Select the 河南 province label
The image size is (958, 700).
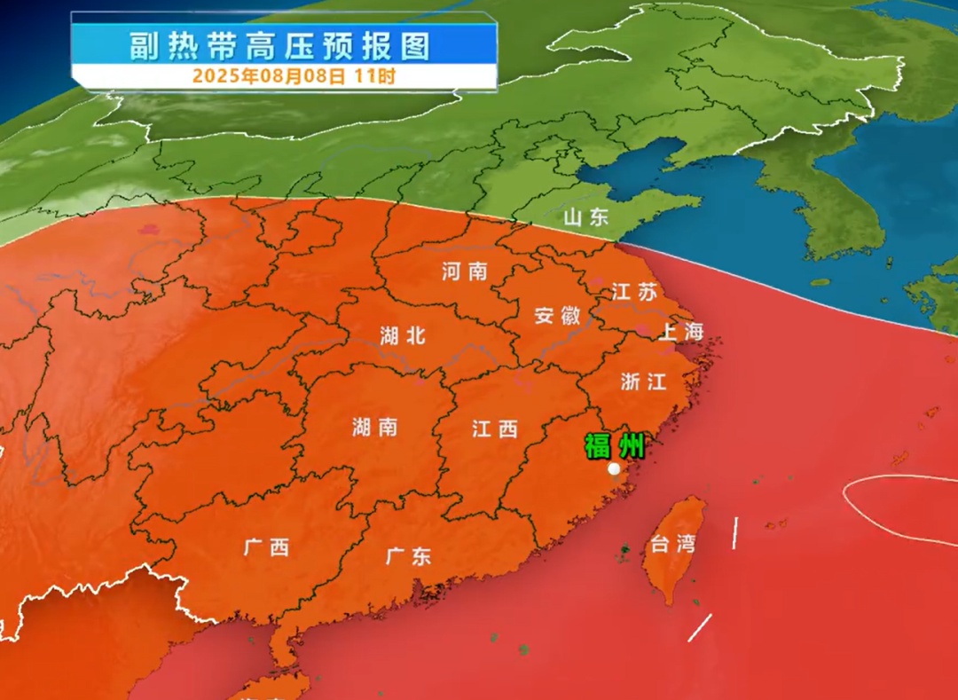point(465,271)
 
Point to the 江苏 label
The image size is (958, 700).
point(634,291)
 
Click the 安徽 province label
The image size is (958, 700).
point(557,315)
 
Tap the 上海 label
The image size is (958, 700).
point(680,332)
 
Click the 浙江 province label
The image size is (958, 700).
point(643,381)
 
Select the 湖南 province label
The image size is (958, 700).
point(374,428)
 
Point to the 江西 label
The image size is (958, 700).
point(494,429)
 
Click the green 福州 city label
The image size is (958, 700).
point(614,445)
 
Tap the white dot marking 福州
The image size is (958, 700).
point(614,469)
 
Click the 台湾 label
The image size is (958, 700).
point(671,545)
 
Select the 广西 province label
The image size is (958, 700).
point(266,547)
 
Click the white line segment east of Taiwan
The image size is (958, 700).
point(734,532)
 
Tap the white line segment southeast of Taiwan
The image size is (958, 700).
point(700,628)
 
